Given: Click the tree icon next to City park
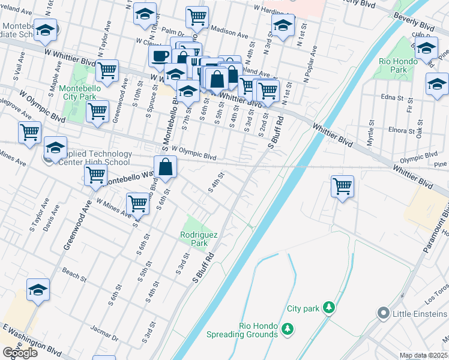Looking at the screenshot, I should point(328,308).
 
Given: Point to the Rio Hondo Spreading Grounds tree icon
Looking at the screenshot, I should point(288,328).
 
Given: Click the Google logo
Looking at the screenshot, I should point(20,353).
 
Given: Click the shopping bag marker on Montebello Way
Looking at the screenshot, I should point(165,167).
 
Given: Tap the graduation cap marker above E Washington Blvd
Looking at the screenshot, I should point(38,290).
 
